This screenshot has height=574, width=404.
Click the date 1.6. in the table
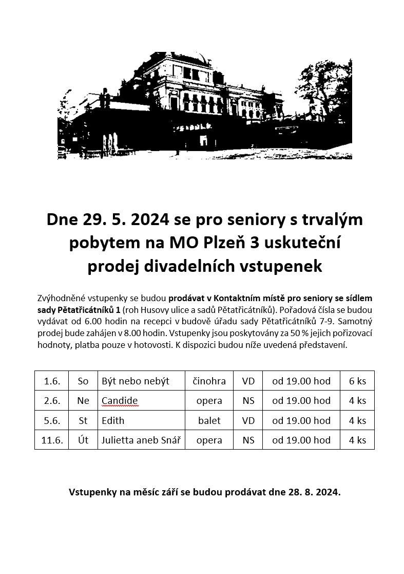point(52,381)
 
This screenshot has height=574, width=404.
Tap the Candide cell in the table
point(120,400)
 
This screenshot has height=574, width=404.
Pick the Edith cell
point(113,420)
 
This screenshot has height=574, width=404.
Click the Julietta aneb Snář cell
point(141,440)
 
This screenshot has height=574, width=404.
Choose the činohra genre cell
point(209,381)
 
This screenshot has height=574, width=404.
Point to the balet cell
point(209,420)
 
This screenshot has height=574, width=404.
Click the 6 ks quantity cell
point(357,381)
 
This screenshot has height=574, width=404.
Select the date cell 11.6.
point(52,440)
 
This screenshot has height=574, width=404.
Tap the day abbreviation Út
point(83,440)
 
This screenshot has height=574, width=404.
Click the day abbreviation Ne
point(83,400)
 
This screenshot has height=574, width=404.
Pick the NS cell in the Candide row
point(248,400)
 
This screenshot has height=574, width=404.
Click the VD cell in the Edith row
point(248,420)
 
